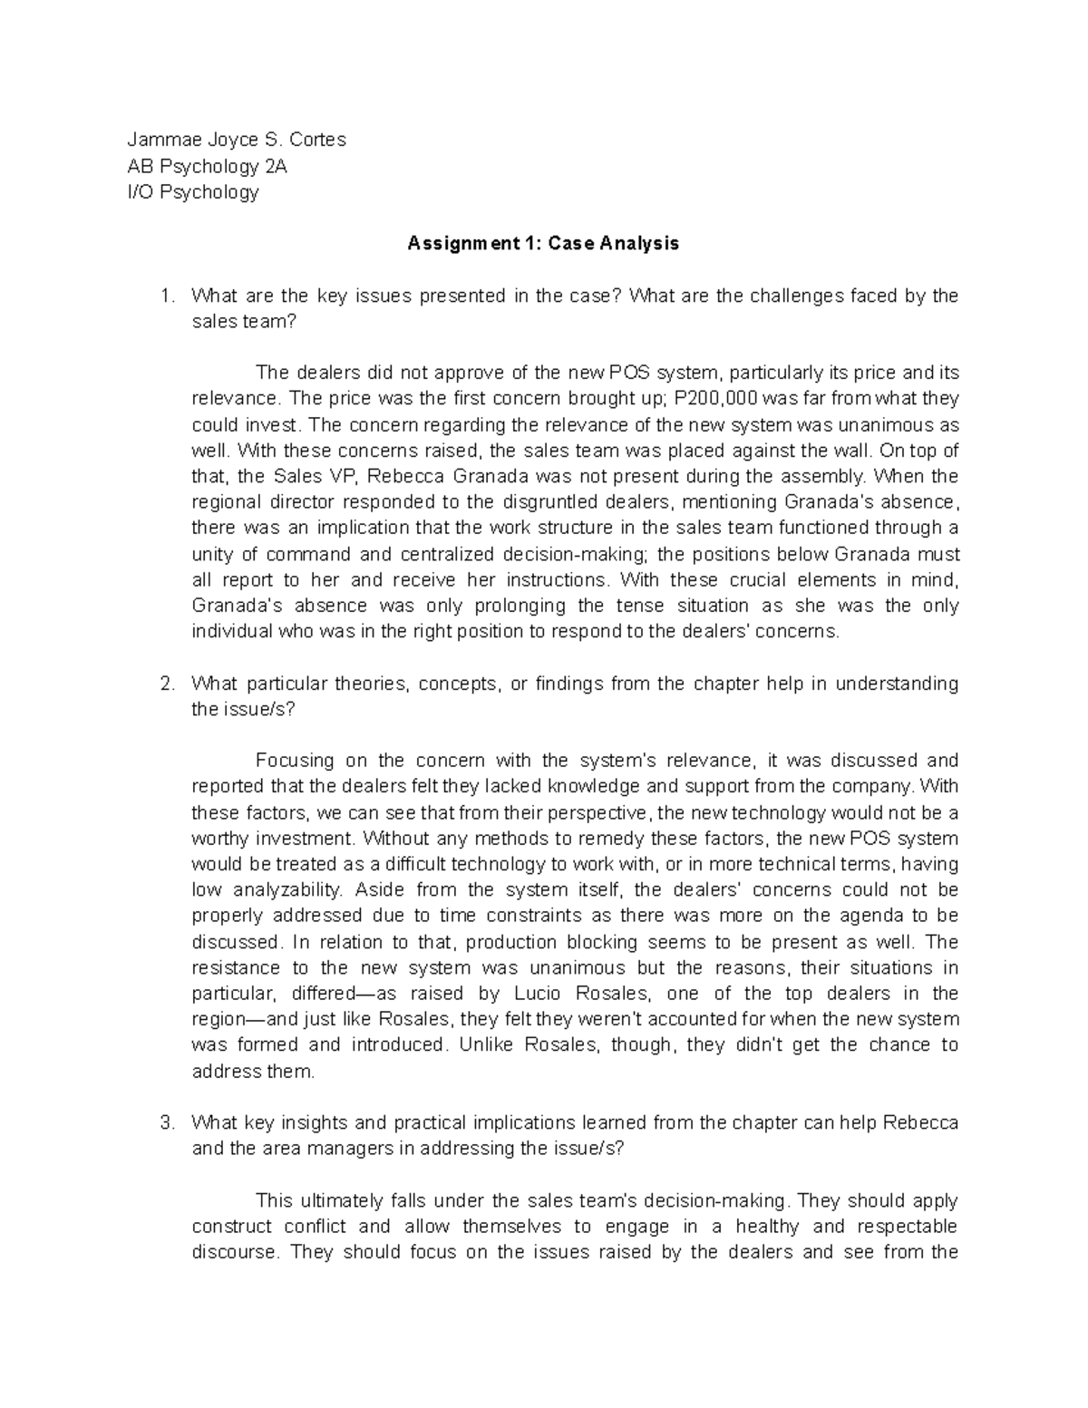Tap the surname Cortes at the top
click(x=317, y=140)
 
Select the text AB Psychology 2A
click(x=208, y=166)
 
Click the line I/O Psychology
click(x=193, y=192)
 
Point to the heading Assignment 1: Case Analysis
click(x=543, y=244)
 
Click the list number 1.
click(x=164, y=296)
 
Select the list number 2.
click(x=164, y=684)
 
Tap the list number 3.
click(x=164, y=1122)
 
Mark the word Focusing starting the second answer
click(x=295, y=761)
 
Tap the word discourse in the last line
click(x=235, y=1252)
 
